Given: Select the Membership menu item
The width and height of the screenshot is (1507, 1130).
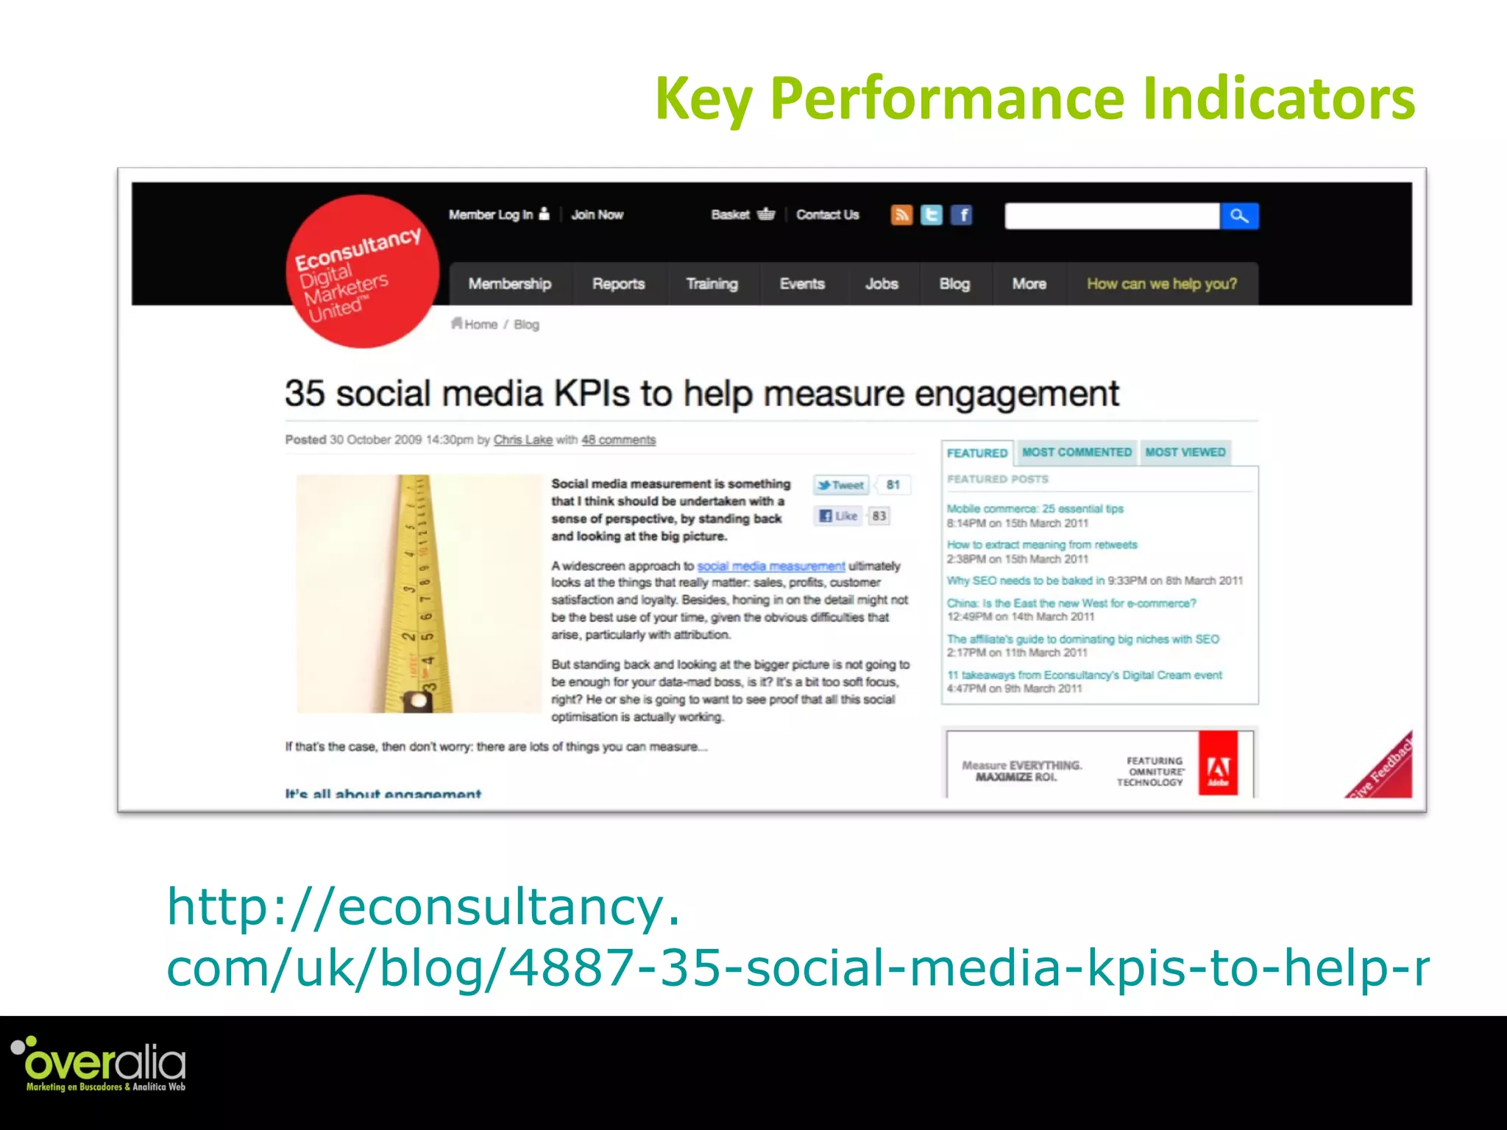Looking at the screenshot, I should (x=509, y=284).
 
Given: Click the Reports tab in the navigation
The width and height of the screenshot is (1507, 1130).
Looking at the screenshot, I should (x=618, y=284).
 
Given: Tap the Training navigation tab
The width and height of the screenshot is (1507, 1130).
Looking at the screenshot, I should (x=712, y=284).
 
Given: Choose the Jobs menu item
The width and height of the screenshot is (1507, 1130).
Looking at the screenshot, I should (x=882, y=284).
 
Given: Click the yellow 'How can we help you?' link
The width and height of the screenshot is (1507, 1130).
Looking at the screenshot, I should (x=1162, y=284).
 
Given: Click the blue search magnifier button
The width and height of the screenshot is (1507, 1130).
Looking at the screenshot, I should (x=1239, y=216).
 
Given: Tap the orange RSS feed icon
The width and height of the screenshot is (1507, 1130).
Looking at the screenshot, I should (x=901, y=215).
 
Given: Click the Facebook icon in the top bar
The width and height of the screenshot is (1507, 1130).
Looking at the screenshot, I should (x=962, y=215).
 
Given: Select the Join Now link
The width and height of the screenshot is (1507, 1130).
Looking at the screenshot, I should (x=597, y=215).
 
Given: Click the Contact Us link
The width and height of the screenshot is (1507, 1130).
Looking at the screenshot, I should (x=827, y=215).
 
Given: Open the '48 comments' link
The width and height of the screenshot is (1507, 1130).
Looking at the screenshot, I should (x=618, y=440).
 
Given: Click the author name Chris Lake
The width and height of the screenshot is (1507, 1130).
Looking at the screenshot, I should (x=522, y=440).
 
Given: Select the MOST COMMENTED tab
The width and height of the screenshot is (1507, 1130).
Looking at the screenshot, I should (x=1077, y=452).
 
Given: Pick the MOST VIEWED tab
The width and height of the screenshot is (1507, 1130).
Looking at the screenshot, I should (x=1185, y=452).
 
